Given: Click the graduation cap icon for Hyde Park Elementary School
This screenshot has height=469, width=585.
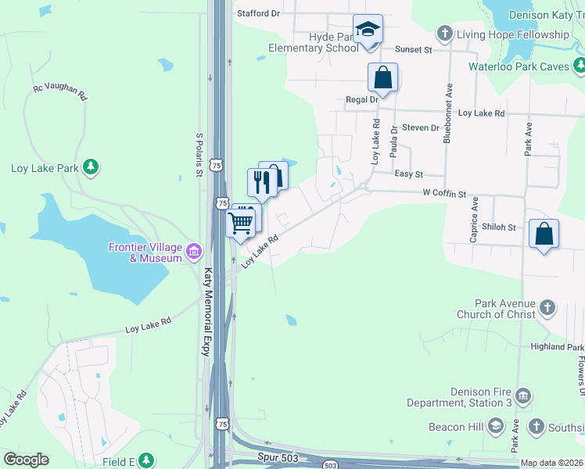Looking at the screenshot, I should pyautogui.click(x=368, y=30).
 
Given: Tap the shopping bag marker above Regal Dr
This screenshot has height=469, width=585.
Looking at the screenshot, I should pyautogui.click(x=383, y=78).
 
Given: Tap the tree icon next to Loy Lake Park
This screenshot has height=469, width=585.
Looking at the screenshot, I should pyautogui.click(x=92, y=167).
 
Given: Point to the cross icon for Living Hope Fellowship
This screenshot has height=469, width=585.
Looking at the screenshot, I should pyautogui.click(x=445, y=34).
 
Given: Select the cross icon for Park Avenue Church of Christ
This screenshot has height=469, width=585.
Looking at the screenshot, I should pyautogui.click(x=547, y=307).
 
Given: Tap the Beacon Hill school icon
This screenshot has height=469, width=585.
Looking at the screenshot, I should pyautogui.click(x=494, y=426).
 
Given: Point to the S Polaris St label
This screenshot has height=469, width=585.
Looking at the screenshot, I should pyautogui.click(x=199, y=155).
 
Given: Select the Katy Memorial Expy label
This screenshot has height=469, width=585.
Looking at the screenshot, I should pyautogui.click(x=208, y=313).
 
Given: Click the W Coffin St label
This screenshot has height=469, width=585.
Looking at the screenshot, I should pyautogui.click(x=443, y=193).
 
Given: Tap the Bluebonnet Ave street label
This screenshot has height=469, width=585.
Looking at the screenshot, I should pyautogui.click(x=447, y=114).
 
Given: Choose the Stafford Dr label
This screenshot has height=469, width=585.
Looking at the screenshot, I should pyautogui.click(x=258, y=13).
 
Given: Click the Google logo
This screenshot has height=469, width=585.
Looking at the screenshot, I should pyautogui.click(x=26, y=460).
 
